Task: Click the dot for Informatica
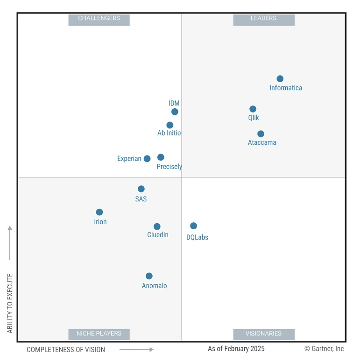pos(280,79)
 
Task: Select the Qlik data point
pos(253,109)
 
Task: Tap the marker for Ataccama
pos(261,134)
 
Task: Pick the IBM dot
pos(175,112)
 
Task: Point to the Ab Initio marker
pos(170,125)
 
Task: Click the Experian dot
pos(147,159)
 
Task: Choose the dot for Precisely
pos(161,157)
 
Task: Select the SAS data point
pos(141,189)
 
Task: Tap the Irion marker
pos(99,212)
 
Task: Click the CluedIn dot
pos(157,226)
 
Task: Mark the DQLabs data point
pos(193,226)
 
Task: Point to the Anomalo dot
pos(149,276)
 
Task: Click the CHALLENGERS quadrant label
pos(99,19)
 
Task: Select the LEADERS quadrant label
pos(264,19)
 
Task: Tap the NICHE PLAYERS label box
pos(99,334)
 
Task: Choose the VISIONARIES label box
pos(264,334)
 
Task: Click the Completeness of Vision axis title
pos(66,349)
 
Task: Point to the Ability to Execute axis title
pos(10,304)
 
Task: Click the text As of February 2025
pos(236,349)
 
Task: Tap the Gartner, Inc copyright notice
pos(324,349)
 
